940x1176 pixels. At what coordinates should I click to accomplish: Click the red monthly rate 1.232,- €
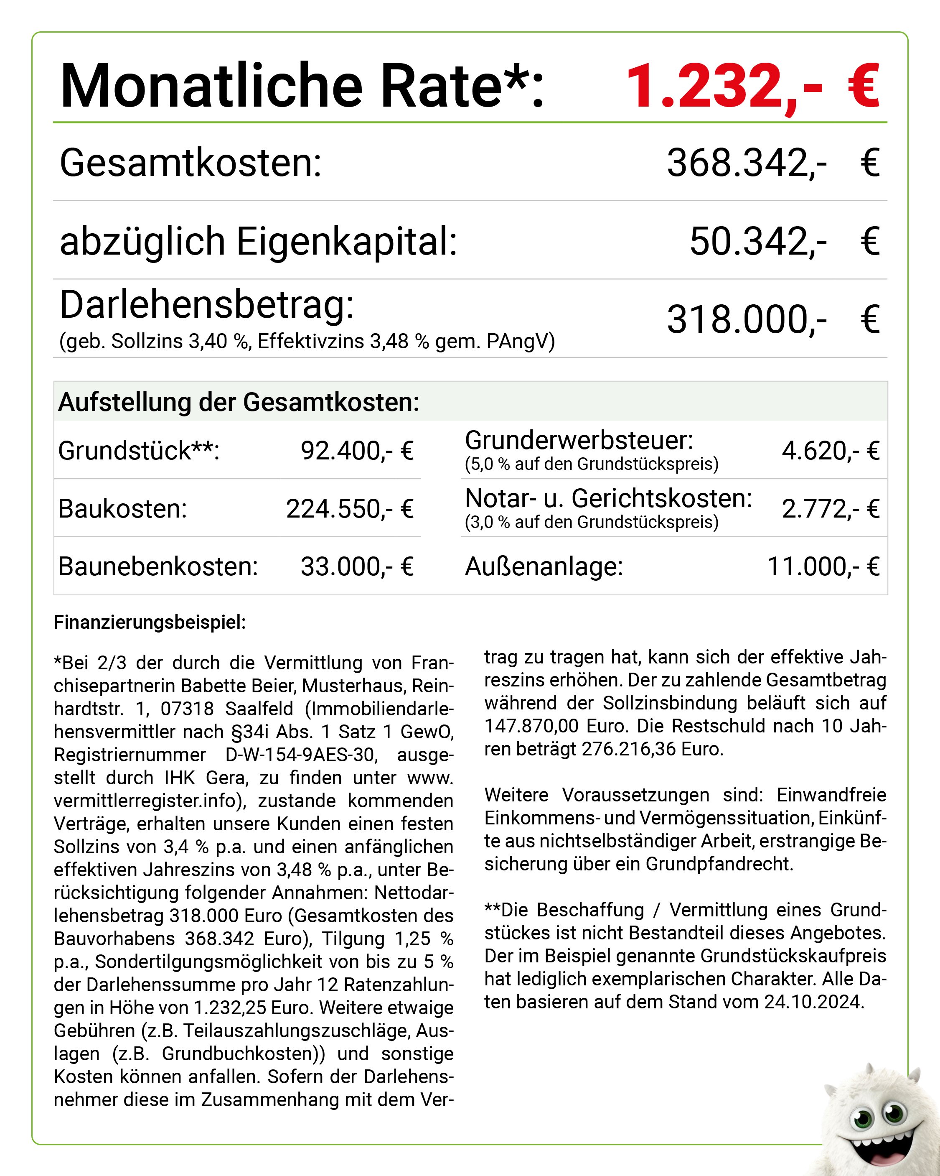[x=752, y=86]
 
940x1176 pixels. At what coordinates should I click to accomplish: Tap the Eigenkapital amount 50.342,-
[x=758, y=241]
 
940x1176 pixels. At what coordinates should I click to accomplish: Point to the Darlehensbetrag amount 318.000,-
[x=747, y=320]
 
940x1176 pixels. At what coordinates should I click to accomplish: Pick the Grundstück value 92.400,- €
[x=357, y=451]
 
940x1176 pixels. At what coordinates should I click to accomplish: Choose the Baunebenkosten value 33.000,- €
[x=357, y=567]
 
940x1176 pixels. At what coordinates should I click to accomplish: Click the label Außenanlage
[x=544, y=567]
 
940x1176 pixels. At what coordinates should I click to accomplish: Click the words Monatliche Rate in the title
[x=281, y=86]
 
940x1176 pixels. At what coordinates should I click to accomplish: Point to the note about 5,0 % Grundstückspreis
[x=592, y=464]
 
